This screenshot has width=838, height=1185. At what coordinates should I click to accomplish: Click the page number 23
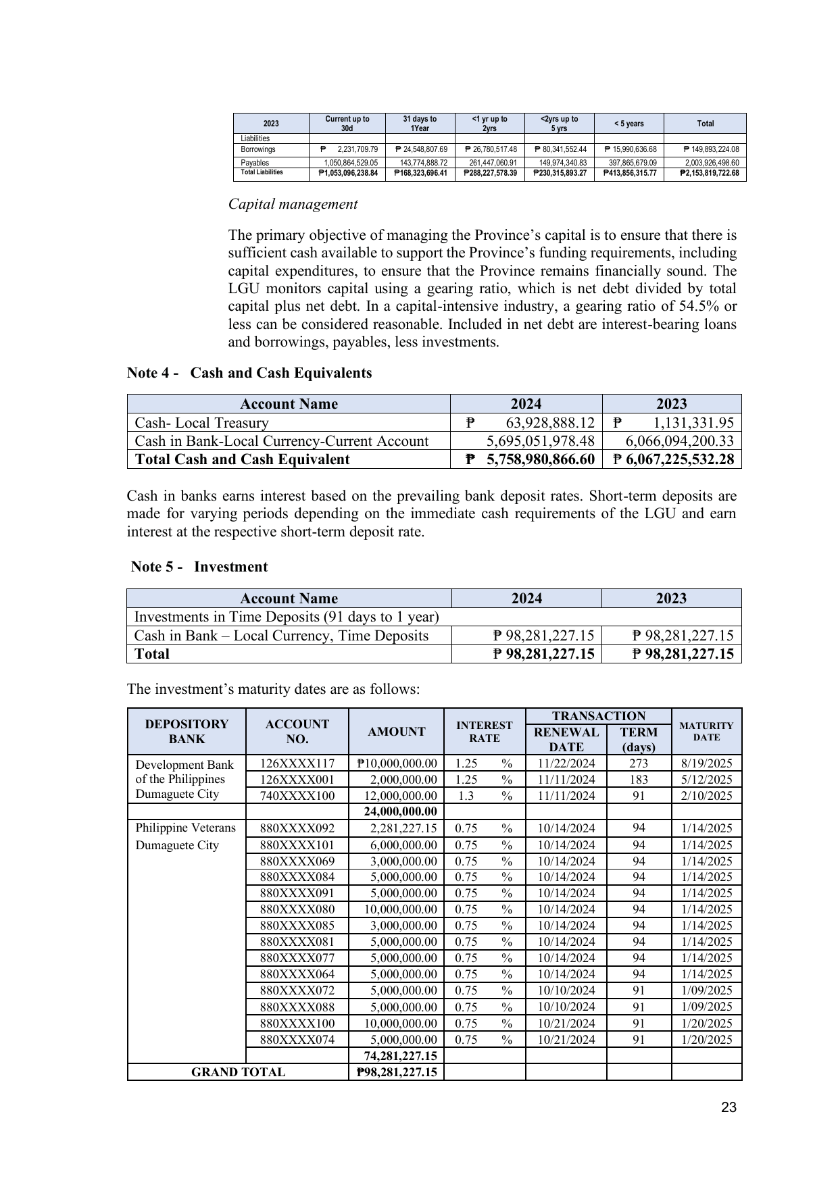point(729,1107)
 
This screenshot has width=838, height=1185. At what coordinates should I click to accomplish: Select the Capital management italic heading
point(293,204)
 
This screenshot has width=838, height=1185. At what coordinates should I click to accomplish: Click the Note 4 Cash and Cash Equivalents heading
point(249,373)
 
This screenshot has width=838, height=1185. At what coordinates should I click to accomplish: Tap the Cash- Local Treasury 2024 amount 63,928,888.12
point(549,423)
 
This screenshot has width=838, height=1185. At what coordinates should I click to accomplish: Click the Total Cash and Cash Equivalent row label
point(242,459)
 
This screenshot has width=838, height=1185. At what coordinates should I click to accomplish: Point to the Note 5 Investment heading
point(199,567)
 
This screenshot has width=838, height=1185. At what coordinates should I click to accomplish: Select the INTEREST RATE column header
point(484,732)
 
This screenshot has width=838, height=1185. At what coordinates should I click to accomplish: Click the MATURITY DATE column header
point(706,731)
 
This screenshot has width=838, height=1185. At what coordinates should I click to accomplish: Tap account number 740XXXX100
point(297,796)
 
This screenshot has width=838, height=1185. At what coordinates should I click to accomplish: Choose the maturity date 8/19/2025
point(706,763)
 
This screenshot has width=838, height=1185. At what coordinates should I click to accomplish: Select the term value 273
point(639,763)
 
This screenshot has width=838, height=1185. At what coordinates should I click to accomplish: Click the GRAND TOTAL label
point(238,1072)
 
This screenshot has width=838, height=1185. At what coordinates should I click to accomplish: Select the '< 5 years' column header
point(628,124)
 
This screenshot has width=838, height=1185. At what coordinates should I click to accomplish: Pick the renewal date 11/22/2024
point(566,763)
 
